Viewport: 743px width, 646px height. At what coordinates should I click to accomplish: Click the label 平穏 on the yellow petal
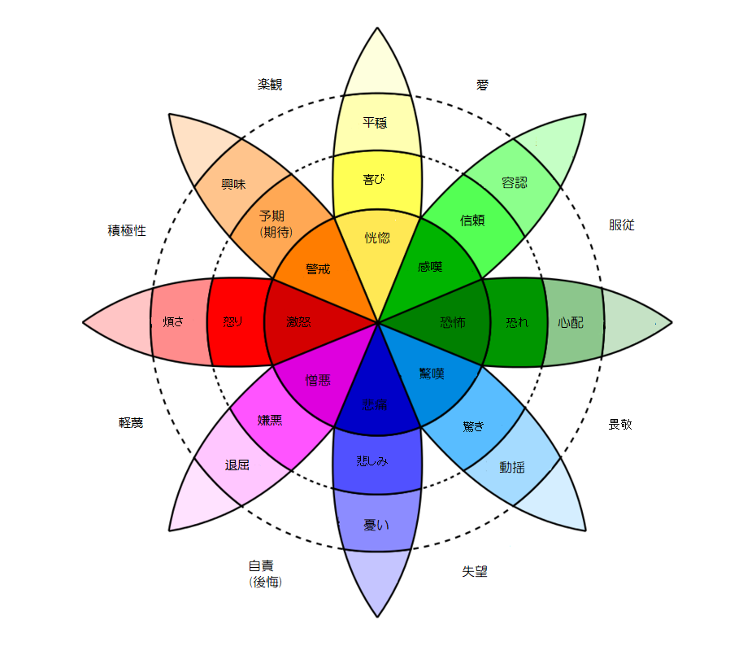[375, 123]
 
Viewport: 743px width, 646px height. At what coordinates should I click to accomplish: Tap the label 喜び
[375, 179]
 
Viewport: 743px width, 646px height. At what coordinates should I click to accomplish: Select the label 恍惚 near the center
[377, 238]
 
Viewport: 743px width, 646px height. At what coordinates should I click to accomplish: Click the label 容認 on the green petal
[514, 182]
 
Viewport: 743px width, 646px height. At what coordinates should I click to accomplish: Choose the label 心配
[571, 322]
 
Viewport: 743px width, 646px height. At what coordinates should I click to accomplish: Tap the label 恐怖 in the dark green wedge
[453, 322]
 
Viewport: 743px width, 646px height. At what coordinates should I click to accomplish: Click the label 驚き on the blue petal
[473, 426]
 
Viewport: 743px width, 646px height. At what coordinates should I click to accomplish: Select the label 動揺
[512, 467]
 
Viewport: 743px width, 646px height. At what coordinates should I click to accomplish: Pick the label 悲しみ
[372, 461]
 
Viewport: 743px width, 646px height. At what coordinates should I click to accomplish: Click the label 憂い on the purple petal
[376, 525]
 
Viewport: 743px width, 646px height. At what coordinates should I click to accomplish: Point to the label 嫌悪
[270, 420]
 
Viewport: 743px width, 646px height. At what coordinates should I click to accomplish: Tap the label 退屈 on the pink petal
[237, 465]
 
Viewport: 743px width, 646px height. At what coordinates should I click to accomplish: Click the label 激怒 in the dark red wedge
[298, 322]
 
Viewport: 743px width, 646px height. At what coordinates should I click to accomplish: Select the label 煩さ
[173, 322]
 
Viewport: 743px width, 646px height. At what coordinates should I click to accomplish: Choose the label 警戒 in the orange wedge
[318, 268]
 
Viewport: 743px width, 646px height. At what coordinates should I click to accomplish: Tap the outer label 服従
[622, 225]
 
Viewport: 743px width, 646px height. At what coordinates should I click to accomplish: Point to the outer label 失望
[475, 571]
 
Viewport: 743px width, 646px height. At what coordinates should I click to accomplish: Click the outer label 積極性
[127, 230]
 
